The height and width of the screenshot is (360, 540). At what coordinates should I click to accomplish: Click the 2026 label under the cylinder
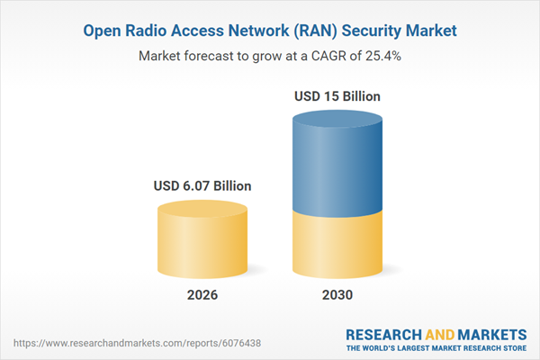click(x=202, y=294)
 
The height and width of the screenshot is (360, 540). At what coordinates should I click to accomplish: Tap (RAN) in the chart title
click(x=307, y=31)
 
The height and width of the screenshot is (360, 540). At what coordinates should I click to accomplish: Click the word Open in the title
click(x=103, y=31)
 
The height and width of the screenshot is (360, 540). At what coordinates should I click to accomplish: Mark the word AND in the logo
click(x=439, y=334)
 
